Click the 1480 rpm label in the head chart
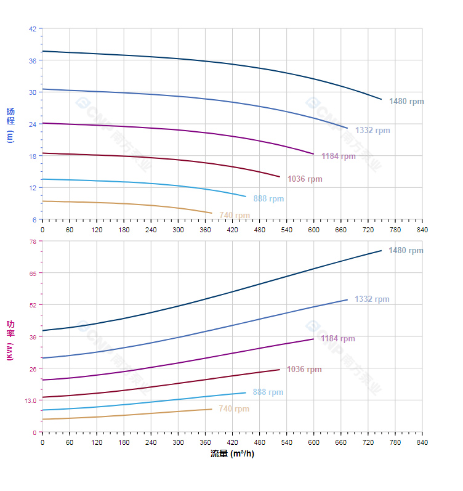coord(406,102)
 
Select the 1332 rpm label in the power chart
coord(372,299)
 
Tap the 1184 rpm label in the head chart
coord(338,156)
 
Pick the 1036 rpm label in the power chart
coord(304,370)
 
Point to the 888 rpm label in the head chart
coord(268,199)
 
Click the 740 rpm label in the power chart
coord(234,409)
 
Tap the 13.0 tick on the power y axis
coord(30,400)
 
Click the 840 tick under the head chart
coord(422,229)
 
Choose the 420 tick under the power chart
coord(232,442)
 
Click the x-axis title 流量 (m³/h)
coord(232,454)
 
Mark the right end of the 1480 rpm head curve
coord(382,99)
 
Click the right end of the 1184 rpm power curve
coord(313,339)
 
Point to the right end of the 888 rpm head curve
coord(246,197)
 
